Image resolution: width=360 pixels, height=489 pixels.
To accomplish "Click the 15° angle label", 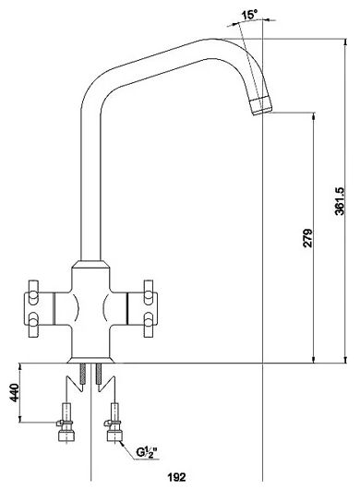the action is [249, 15].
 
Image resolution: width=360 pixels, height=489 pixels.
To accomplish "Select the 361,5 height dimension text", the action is [340, 201].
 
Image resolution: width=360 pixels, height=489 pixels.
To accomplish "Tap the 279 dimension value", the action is [307, 238].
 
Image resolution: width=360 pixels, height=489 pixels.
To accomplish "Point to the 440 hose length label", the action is [14, 392].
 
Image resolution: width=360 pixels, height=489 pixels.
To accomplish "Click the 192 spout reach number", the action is [176, 477].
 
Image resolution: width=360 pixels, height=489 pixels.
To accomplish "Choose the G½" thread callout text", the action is [146, 451].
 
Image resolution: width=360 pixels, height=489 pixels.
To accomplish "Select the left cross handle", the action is [39, 308].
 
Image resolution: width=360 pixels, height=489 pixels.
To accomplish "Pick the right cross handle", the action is [142, 308].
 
